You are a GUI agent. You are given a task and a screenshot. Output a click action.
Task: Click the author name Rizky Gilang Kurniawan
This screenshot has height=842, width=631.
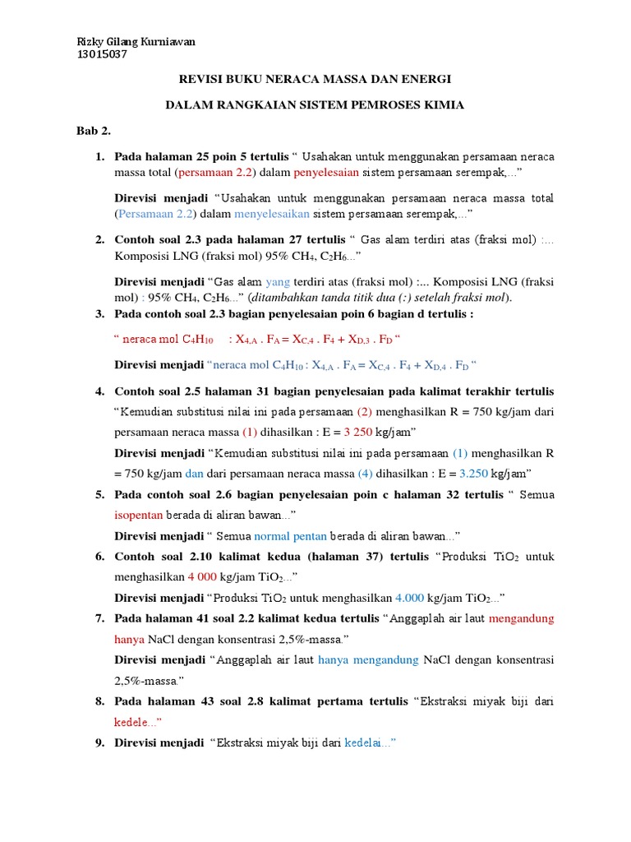[x=136, y=42]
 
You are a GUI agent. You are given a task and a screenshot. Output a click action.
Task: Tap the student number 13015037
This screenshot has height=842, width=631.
[x=102, y=55]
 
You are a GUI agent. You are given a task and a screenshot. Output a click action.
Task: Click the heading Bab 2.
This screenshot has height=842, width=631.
[x=93, y=131]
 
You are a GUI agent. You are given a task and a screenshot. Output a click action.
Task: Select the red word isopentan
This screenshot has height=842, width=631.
[x=139, y=516]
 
